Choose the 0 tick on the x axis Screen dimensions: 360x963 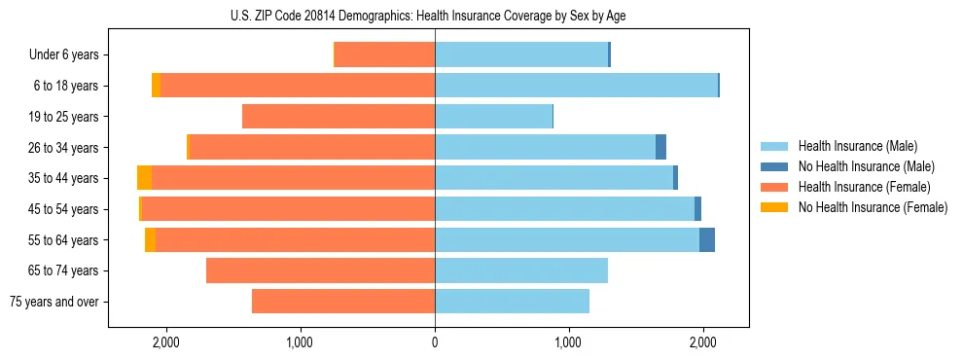(x=435, y=342)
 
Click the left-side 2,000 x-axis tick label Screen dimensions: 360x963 (x=165, y=342)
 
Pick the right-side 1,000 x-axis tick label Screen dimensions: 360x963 (x=569, y=342)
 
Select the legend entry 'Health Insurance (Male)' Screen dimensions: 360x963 (x=857, y=146)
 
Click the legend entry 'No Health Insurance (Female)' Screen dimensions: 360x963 (x=873, y=207)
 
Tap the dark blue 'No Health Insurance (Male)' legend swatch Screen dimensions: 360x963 (x=774, y=166)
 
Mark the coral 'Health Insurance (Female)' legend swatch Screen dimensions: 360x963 (x=774, y=187)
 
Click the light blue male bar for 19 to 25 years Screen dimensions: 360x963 (x=493, y=117)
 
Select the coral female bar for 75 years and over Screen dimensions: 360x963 (x=343, y=302)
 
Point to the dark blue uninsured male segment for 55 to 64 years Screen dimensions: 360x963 (x=707, y=240)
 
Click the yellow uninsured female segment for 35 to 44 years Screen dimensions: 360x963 (x=144, y=178)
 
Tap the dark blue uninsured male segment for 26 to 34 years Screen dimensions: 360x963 (x=660, y=148)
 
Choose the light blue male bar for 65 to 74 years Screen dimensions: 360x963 (x=521, y=270)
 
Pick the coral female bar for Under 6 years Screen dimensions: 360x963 (x=384, y=55)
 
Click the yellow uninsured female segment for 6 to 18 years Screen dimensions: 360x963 (x=156, y=86)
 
